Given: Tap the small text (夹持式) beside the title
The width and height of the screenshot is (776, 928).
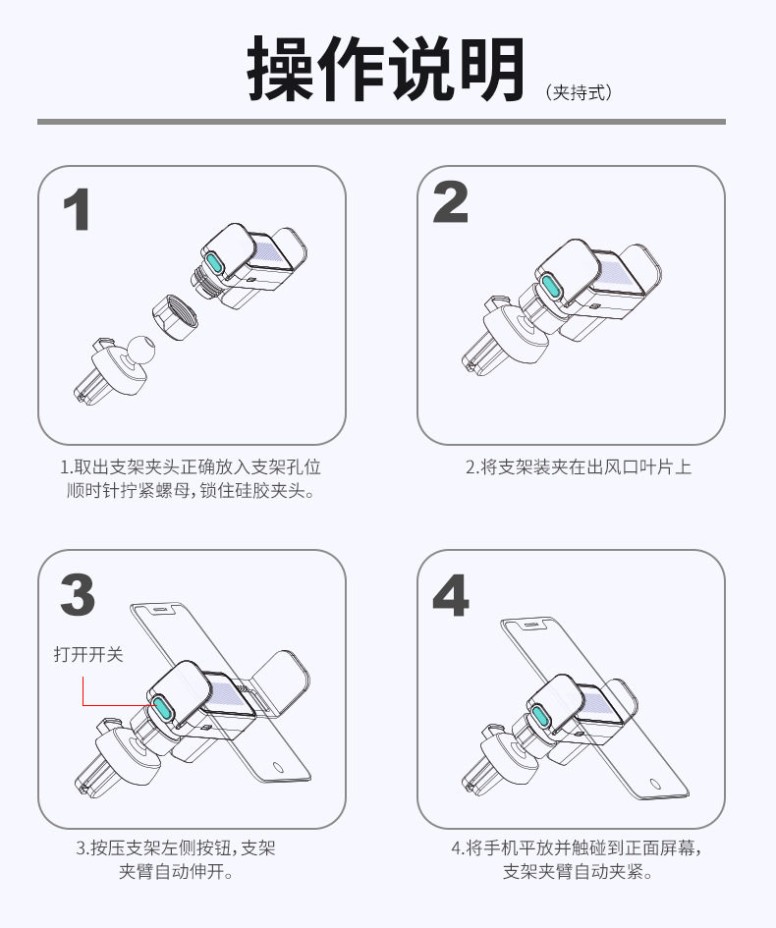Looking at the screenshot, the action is coord(579,93).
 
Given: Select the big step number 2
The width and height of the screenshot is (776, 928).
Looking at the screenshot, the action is coord(451,202).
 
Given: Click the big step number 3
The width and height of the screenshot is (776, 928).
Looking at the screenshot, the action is coord(78,595).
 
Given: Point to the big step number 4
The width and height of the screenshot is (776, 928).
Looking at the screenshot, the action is coord(451,595).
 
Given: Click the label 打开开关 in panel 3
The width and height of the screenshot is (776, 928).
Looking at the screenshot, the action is coord(88,654).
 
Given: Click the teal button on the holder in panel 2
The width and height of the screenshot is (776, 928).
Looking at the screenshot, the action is coord(550,287).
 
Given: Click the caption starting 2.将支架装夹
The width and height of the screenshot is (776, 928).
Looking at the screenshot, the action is coord(578,467).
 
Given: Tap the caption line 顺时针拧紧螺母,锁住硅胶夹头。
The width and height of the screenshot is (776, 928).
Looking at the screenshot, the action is coord(191,491).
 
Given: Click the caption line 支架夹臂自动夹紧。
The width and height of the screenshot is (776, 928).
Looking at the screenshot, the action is coord(578,872).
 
